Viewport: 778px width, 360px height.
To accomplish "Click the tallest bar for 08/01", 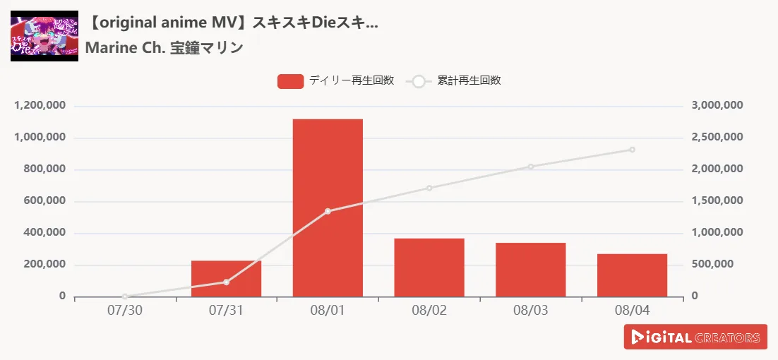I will (328, 208).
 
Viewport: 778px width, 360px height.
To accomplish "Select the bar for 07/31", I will (226, 279).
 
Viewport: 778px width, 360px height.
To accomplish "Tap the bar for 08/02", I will (429, 268).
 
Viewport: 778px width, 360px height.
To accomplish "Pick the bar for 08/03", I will (531, 270).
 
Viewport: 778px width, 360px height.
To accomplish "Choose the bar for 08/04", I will (632, 275).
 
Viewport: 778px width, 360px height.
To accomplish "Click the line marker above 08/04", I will (632, 150).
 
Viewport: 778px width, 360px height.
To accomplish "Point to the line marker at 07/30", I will (125, 296).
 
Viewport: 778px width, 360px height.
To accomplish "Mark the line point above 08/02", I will (429, 188).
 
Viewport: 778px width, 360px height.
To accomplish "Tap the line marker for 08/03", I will (531, 167).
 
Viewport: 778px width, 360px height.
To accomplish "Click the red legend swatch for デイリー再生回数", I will (290, 81).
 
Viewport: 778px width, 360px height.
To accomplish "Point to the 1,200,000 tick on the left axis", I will (40, 106).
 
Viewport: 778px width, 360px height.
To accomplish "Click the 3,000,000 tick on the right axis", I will (717, 106).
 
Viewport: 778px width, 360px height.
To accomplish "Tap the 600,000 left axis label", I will (46, 201).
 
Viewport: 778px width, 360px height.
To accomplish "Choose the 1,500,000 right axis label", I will (717, 201).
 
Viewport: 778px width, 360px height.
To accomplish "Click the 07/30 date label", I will (125, 311).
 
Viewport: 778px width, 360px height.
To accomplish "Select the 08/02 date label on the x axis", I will (429, 311).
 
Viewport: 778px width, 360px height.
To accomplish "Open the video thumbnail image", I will (44, 35).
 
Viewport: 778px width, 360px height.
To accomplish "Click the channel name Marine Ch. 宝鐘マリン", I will (164, 48).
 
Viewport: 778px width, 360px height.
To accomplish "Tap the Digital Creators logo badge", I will (695, 337).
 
